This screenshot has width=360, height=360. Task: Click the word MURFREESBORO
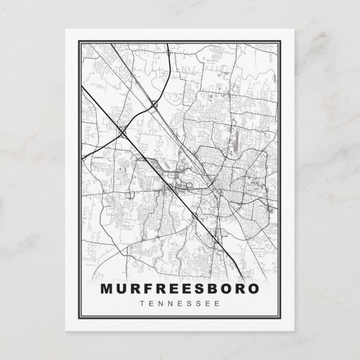pyautogui.click(x=179, y=290)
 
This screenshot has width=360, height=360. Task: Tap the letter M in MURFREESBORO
pyautogui.click(x=106, y=290)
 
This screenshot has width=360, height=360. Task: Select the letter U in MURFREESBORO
pyautogui.click(x=121, y=290)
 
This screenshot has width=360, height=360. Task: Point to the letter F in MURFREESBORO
pyautogui.click(x=146, y=290)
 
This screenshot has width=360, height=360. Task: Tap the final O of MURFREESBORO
pyautogui.click(x=253, y=290)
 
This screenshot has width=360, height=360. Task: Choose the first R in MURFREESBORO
pyautogui.click(x=134, y=290)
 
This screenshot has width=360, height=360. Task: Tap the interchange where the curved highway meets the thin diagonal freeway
pyautogui.click(x=155, y=104)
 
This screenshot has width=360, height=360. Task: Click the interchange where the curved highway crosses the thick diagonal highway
pyautogui.click(x=121, y=132)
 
